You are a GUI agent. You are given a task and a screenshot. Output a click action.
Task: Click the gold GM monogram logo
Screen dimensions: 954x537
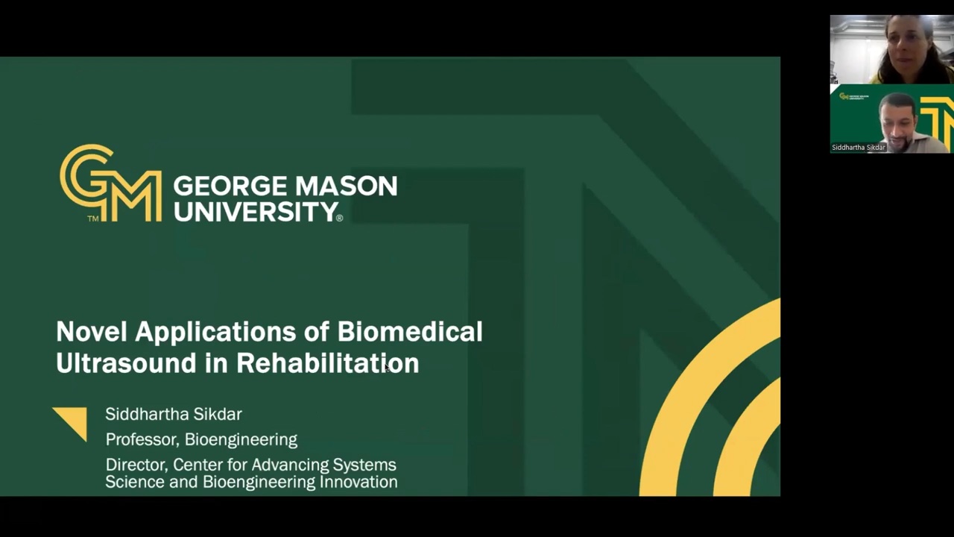111,183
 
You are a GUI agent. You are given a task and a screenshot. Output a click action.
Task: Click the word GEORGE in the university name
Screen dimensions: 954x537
230,186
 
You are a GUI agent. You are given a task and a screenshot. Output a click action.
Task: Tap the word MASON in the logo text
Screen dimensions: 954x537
347,186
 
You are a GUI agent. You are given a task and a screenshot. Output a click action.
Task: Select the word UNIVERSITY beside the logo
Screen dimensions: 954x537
256,211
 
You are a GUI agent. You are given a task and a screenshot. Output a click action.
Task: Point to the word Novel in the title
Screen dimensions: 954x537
92,332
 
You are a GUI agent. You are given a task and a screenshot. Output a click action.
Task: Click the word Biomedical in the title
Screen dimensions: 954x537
410,332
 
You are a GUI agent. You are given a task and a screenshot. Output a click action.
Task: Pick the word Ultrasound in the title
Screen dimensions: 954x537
126,363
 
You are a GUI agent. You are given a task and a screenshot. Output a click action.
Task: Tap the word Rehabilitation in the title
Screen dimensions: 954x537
327,363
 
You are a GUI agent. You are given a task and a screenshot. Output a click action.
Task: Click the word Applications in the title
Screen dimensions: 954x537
215,333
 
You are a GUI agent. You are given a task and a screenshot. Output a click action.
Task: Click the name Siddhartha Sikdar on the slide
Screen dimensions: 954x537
174,414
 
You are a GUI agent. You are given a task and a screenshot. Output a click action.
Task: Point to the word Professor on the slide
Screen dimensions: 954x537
142,439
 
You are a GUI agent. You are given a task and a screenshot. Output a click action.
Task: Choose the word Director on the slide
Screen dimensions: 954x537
136,465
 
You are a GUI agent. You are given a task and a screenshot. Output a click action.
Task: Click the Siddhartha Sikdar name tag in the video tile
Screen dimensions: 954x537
859,148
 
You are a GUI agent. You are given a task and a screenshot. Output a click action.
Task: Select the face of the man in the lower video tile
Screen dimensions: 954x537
899,122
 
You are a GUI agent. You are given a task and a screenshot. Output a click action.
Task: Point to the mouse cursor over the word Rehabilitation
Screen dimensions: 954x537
387,368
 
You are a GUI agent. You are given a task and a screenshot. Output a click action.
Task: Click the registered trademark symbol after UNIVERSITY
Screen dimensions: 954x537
339,219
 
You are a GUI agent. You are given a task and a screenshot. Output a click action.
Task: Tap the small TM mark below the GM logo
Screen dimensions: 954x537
93,219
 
